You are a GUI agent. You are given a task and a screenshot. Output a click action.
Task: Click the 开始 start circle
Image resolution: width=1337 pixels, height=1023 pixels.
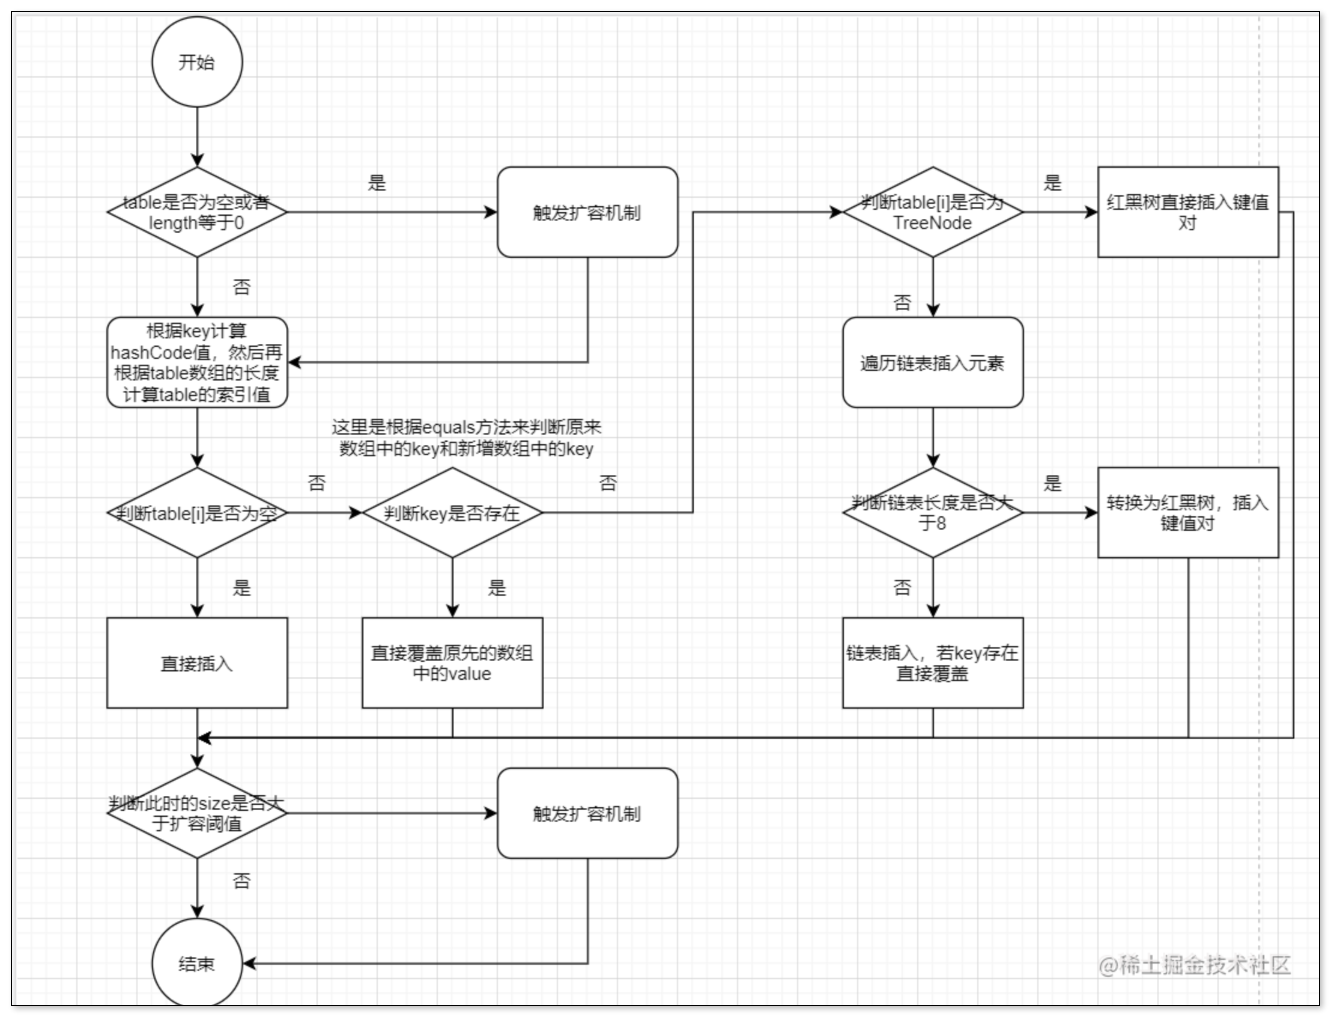click(x=196, y=61)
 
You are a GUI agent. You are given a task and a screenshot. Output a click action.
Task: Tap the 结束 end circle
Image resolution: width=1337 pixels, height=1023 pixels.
click(x=196, y=963)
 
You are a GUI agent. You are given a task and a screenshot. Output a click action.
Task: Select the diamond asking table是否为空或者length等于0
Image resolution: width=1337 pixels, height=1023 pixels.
click(x=196, y=212)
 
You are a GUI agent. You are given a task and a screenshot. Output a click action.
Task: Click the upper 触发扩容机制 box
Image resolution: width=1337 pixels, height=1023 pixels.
click(x=587, y=212)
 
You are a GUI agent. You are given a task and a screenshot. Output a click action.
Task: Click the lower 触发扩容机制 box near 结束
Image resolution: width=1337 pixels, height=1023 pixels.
click(x=587, y=813)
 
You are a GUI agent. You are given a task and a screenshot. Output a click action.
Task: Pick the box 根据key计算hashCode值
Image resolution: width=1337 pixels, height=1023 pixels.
click(x=196, y=362)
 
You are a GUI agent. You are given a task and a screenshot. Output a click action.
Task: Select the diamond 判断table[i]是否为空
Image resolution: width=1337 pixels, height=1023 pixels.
click(x=196, y=513)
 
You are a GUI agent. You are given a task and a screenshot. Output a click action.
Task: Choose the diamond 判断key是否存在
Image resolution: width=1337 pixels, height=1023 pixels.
click(x=452, y=513)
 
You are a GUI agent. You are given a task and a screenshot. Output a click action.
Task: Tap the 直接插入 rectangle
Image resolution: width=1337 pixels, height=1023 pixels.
click(x=196, y=663)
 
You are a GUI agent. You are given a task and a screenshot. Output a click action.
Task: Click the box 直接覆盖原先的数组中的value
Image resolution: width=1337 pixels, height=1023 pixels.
click(x=452, y=663)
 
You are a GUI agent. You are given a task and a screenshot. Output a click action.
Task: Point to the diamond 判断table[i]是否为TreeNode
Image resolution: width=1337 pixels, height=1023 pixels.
click(x=932, y=212)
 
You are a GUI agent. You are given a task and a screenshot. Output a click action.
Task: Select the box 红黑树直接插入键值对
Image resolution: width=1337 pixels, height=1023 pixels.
click(x=1188, y=212)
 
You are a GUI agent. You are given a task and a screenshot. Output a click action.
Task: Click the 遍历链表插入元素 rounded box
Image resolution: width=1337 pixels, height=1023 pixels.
click(x=932, y=362)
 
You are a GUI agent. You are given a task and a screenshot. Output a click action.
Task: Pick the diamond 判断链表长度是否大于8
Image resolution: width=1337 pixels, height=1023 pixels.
click(x=932, y=513)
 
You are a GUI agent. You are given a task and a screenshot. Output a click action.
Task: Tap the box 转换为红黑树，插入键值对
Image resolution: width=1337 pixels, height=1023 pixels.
click(x=1188, y=513)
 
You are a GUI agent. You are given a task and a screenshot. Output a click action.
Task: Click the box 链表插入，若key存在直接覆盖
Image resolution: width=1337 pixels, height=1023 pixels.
click(x=932, y=663)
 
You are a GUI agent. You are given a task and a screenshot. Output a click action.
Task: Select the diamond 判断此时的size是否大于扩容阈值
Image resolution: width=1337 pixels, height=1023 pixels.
click(x=196, y=813)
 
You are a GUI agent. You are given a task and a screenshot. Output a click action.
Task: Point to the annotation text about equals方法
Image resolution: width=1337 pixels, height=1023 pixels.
click(x=466, y=438)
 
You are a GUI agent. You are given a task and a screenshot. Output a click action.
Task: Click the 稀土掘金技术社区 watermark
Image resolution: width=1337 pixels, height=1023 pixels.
click(x=1195, y=965)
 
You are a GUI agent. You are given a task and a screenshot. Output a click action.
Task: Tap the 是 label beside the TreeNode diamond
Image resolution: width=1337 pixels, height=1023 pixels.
click(x=1052, y=182)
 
